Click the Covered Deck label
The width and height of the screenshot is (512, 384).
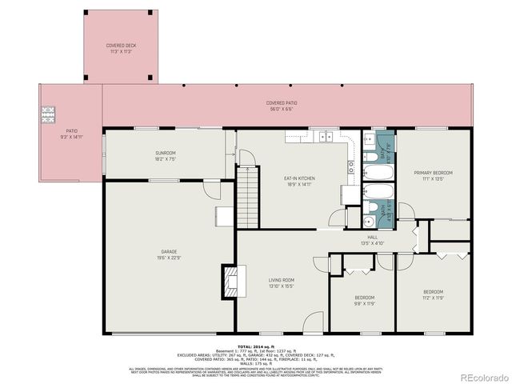tap(121, 46)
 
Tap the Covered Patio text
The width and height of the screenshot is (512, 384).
tap(281, 103)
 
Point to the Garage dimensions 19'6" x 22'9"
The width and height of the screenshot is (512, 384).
tap(168, 258)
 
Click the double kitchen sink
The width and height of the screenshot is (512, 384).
tap(326, 137)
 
